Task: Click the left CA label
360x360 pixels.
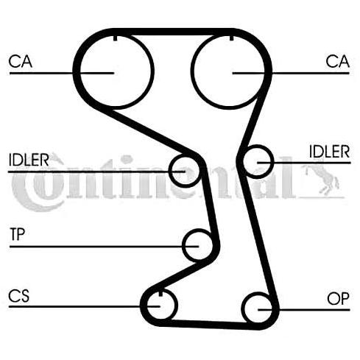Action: [21, 61]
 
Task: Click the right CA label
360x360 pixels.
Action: [338, 61]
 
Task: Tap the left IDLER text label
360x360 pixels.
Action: [29, 160]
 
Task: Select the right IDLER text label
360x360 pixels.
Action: [329, 152]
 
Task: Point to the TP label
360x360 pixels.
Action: [18, 234]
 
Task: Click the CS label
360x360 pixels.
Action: [19, 295]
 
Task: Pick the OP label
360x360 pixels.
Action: [338, 299]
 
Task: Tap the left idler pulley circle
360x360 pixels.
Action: [170, 171]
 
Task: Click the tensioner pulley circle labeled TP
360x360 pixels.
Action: [184, 245]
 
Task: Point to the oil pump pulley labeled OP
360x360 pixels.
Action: [244, 308]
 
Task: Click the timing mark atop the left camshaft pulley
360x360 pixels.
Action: [115, 38]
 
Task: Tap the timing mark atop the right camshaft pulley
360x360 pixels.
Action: [231, 38]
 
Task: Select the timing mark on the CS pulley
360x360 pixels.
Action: [160, 293]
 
